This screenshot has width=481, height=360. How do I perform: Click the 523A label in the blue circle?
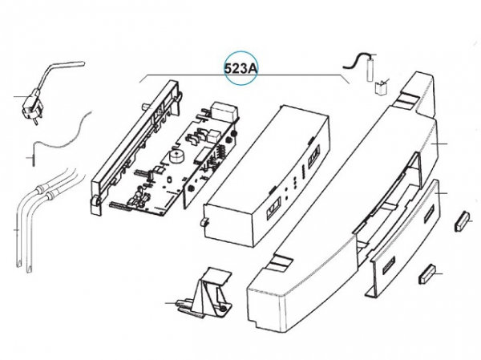click(x=240, y=69)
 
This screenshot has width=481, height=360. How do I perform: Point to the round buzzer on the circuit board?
click(x=174, y=156)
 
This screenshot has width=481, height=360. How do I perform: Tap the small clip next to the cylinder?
click(x=382, y=86)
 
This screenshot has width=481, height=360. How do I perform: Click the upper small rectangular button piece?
click(x=463, y=219)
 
